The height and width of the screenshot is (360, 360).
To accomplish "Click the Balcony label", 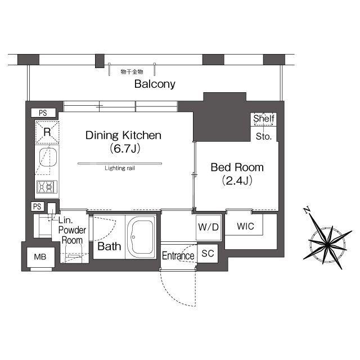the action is pyautogui.click(x=155, y=84).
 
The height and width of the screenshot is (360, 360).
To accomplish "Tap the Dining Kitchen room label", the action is pyautogui.click(x=123, y=135).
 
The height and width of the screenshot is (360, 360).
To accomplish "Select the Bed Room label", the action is pyautogui.click(x=237, y=167).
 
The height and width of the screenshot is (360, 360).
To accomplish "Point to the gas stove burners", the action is pyautogui.click(x=47, y=186).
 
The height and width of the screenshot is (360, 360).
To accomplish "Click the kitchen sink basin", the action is pyautogui.click(x=48, y=157).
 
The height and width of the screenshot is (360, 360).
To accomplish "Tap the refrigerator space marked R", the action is pyautogui.click(x=47, y=132).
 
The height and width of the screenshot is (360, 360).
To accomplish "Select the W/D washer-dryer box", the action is pyautogui.click(x=209, y=227).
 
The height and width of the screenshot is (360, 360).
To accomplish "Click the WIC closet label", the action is pyautogui.click(x=245, y=226).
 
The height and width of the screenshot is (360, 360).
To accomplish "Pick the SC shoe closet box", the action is pyautogui.click(x=208, y=253).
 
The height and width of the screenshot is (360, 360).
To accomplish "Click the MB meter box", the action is pyautogui.click(x=40, y=257).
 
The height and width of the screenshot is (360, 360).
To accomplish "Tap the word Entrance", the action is pyautogui.click(x=178, y=256).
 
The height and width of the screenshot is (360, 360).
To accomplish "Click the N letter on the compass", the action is pyautogui.click(x=307, y=210).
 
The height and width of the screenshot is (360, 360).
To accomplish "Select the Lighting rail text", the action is pyautogui.click(x=120, y=168).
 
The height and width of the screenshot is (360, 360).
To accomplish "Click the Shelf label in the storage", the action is pyautogui.click(x=264, y=119).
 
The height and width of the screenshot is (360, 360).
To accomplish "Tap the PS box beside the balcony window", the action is pyautogui.click(x=43, y=112).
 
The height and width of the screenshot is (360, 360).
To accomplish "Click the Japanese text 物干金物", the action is pyautogui.click(x=132, y=72).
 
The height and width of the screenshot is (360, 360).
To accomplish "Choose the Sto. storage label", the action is pyautogui.click(x=264, y=137).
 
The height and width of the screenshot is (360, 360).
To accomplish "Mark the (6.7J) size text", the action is pyautogui.click(x=125, y=148).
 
